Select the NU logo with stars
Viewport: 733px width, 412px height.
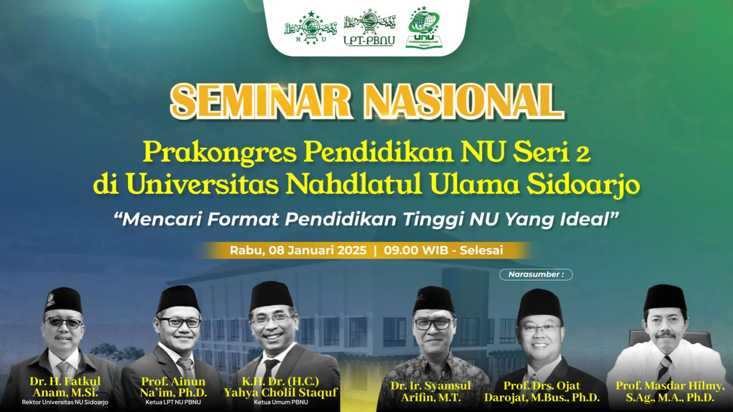(311, 28)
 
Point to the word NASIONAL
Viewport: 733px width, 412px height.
(463, 101)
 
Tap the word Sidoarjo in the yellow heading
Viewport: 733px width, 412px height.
(583, 184)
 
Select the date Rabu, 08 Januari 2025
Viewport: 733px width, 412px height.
(298, 251)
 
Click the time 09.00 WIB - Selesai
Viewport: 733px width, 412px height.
(443, 251)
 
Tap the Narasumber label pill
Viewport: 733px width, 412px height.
(536, 274)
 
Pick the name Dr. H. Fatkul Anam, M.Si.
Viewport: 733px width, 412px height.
(65, 387)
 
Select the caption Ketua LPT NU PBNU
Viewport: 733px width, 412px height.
(173, 402)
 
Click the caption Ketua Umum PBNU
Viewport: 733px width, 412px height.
(281, 402)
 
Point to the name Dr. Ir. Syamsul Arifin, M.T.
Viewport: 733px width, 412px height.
(431, 391)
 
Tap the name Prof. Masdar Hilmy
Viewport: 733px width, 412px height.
(670, 386)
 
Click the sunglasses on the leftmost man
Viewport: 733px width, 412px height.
(63, 323)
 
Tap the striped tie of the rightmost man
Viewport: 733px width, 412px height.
(665, 368)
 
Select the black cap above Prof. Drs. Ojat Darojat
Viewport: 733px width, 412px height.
(539, 305)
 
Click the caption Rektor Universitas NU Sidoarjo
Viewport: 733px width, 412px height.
(65, 402)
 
